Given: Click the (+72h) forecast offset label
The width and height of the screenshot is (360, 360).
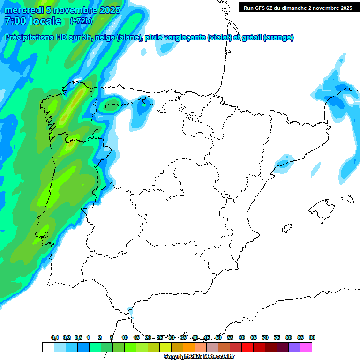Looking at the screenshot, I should click(81, 21).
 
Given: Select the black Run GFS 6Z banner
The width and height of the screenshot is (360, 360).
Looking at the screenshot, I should click(298, 8).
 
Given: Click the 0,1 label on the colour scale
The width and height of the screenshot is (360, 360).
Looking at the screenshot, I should click(55, 337).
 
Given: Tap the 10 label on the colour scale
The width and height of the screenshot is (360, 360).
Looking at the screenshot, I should click(125, 337).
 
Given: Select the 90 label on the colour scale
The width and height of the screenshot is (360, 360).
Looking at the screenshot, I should click(312, 337).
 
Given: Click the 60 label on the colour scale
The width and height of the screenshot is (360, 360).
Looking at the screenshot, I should click(242, 337).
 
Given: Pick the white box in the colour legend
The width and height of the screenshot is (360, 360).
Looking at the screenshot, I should click(48, 347).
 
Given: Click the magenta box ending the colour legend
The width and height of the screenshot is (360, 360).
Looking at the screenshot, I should click(306, 347).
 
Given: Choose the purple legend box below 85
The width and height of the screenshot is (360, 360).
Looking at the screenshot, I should click(294, 347).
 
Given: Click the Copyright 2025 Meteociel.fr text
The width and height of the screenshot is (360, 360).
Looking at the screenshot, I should click(199, 357).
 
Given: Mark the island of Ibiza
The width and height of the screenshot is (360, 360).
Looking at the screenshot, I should click(287, 229).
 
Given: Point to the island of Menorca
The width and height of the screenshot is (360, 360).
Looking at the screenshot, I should click(347, 198).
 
